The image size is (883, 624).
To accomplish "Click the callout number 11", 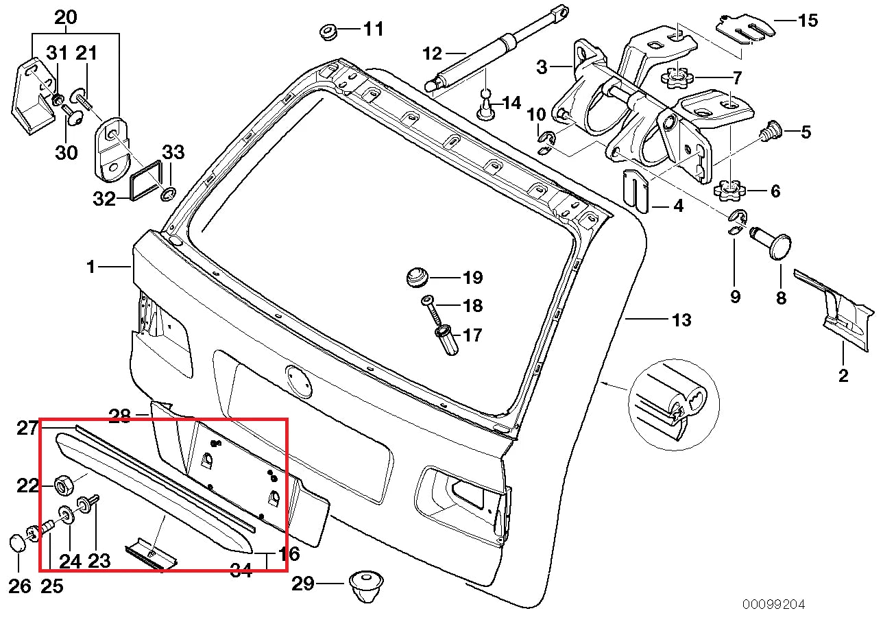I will tap(374, 29).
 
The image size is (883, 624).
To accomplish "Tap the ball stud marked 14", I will tap(486, 104).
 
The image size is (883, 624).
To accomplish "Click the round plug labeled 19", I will tap(415, 277).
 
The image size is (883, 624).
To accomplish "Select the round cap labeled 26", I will tap(18, 544).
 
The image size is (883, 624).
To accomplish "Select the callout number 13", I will tap(681, 320).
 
